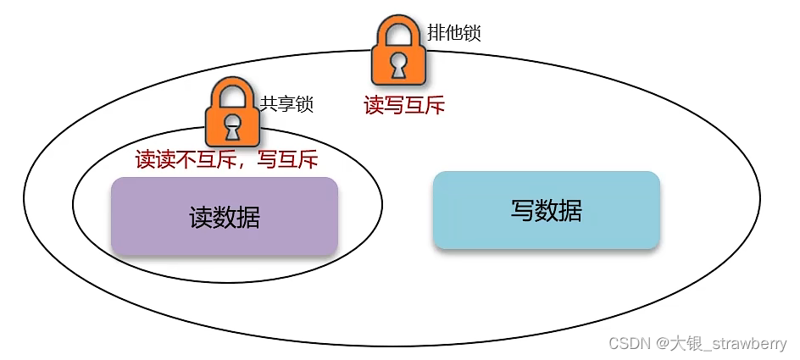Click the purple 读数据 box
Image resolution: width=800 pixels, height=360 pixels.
point(225,216)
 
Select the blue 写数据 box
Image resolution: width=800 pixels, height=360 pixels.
point(546,210)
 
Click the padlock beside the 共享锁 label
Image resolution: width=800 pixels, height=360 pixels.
point(231,115)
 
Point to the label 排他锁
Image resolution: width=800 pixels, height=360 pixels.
point(455,33)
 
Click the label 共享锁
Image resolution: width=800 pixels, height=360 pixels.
point(286,105)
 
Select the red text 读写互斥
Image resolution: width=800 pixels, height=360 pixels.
point(404,105)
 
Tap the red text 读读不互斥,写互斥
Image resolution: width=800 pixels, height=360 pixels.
point(226,159)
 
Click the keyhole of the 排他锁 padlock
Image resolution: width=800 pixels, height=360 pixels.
point(398,67)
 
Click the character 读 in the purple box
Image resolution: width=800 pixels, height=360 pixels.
point(201,218)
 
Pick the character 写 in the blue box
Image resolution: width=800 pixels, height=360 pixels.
point(522,210)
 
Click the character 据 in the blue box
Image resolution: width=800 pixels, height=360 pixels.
point(570,210)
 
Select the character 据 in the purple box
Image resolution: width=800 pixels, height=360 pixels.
point(248,218)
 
